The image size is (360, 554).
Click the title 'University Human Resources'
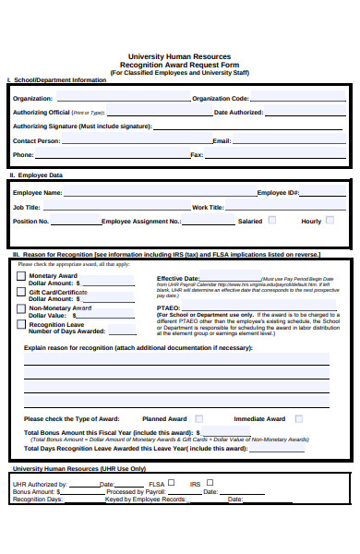(181, 56)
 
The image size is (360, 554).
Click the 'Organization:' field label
(32, 98)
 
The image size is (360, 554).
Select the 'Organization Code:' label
(221, 98)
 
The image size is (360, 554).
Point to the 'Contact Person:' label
(36, 140)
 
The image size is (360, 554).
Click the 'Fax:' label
(196, 155)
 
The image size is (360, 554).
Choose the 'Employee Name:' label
(38, 193)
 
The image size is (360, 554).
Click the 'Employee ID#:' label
(278, 193)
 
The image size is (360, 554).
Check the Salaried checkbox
(272, 221)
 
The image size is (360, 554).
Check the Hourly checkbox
(330, 221)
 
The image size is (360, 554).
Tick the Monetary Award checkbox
(21, 276)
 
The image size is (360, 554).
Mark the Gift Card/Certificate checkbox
(21, 292)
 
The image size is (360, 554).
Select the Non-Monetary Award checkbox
(21, 308)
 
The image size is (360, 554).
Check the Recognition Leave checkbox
(21, 324)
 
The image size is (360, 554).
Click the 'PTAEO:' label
(168, 307)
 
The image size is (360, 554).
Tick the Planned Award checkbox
(198, 418)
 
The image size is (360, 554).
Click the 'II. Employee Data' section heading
(37, 175)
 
